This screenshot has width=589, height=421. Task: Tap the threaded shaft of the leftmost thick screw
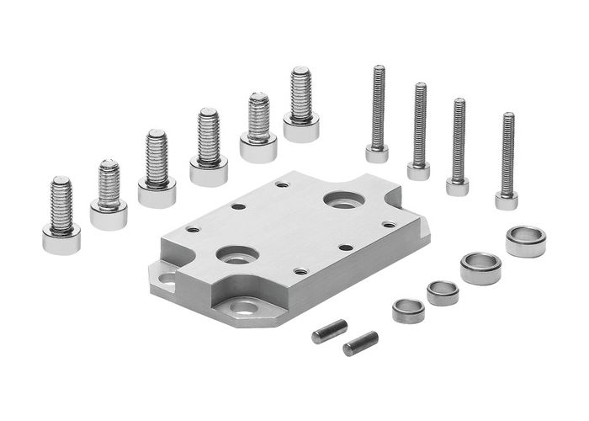click(x=61, y=203)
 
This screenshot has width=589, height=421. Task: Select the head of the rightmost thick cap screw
click(x=301, y=129)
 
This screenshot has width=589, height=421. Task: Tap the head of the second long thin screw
click(x=419, y=171)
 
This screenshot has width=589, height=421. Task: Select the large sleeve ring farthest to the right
click(x=526, y=241)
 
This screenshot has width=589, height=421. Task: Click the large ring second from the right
click(x=480, y=268)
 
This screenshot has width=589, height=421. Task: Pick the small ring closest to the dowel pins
click(x=408, y=311)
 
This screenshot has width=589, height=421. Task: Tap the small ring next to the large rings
click(x=443, y=292)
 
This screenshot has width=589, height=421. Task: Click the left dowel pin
click(x=329, y=331)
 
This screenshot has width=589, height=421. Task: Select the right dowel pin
click(x=360, y=343)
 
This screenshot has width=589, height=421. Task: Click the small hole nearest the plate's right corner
click(x=388, y=224)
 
